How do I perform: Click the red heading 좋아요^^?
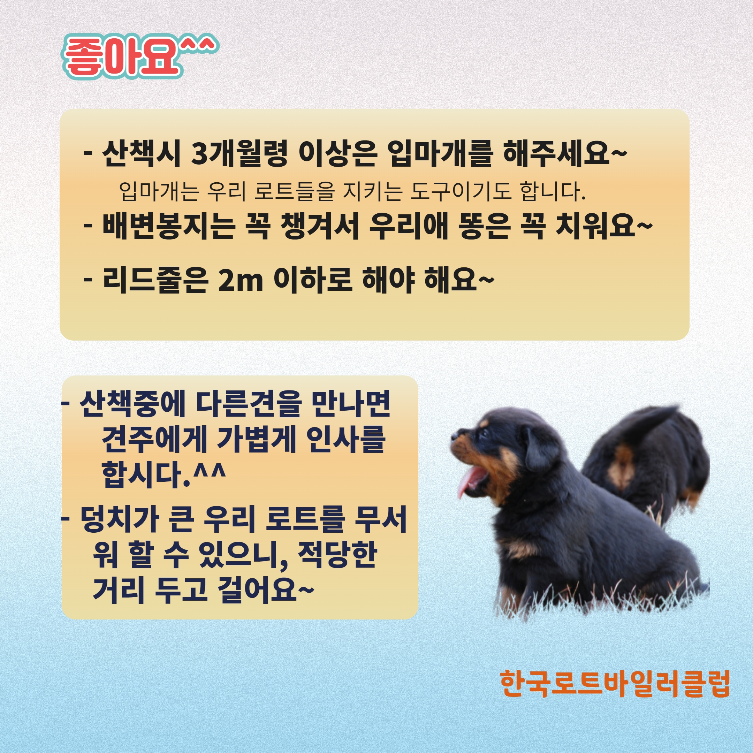(140, 56)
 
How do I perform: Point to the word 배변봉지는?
(169, 226)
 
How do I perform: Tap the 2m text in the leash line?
(241, 281)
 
